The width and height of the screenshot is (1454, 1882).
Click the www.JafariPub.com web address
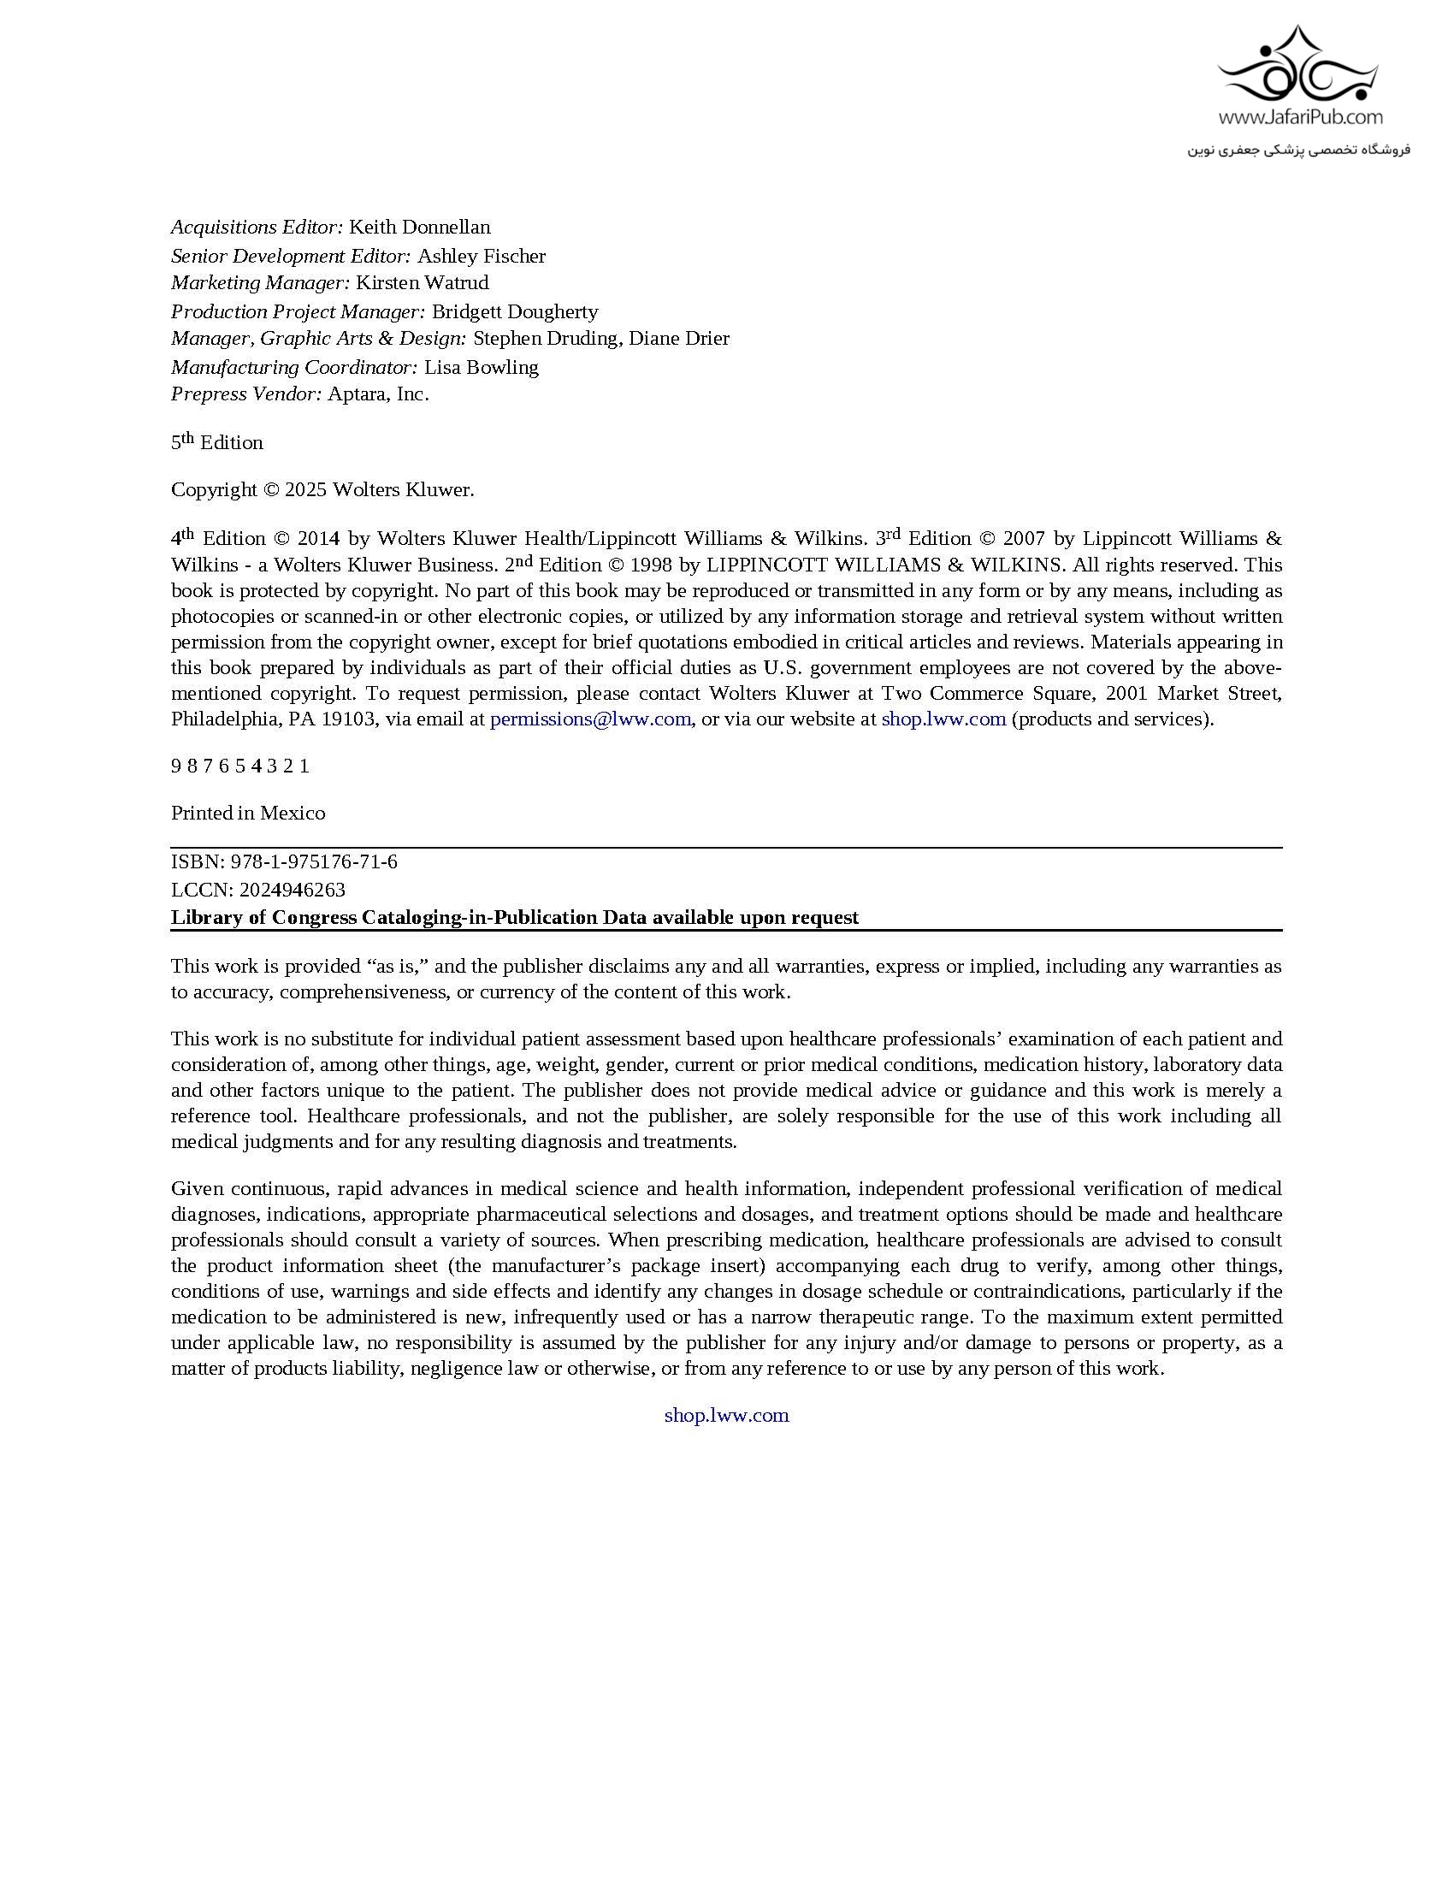[1300, 116]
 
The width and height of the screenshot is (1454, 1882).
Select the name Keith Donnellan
[419, 228]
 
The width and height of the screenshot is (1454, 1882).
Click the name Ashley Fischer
[482, 256]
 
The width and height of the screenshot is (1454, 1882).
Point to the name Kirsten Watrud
[422, 282]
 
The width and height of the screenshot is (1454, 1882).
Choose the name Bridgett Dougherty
[514, 312]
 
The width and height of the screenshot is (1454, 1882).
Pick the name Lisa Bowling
[482, 367]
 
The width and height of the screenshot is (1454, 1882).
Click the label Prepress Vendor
[245, 394]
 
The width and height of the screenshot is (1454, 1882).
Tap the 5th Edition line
[217, 442]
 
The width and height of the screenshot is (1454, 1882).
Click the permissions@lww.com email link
[590, 719]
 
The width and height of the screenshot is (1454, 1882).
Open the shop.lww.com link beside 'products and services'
[943, 719]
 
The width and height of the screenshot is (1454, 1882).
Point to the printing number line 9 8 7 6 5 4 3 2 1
[240, 766]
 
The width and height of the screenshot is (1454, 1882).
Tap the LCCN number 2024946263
[293, 890]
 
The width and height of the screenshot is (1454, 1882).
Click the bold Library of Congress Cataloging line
[514, 917]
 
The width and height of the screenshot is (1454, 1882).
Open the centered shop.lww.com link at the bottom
[726, 1415]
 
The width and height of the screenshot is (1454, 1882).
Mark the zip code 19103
[349, 719]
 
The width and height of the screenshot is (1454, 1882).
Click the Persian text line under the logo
[1299, 150]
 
